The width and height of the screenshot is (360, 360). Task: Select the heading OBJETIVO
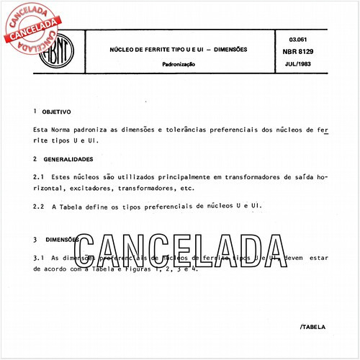(56, 112)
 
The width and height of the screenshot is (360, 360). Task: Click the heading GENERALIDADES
(68, 158)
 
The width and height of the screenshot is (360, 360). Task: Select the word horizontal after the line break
(51, 188)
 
